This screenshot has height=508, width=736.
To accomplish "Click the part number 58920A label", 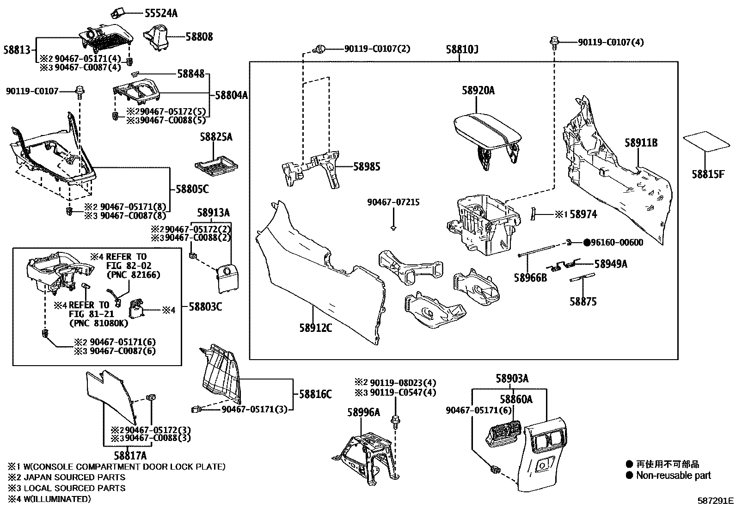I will [478, 91].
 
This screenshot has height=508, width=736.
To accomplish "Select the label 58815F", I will [707, 174].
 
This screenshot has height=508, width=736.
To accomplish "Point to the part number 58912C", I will [316, 329].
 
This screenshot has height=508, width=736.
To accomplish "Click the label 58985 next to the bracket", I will [367, 166].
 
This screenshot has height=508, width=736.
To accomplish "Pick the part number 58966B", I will [530, 277].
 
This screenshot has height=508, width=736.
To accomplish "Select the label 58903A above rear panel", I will [512, 379].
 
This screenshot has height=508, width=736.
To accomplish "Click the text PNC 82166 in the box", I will [133, 275].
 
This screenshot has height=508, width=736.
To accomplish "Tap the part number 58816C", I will [315, 394].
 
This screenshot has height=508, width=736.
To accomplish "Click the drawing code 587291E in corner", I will [716, 500].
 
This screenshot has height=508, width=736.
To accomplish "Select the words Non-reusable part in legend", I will [673, 475].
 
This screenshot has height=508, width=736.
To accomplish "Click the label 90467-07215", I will [393, 202].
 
